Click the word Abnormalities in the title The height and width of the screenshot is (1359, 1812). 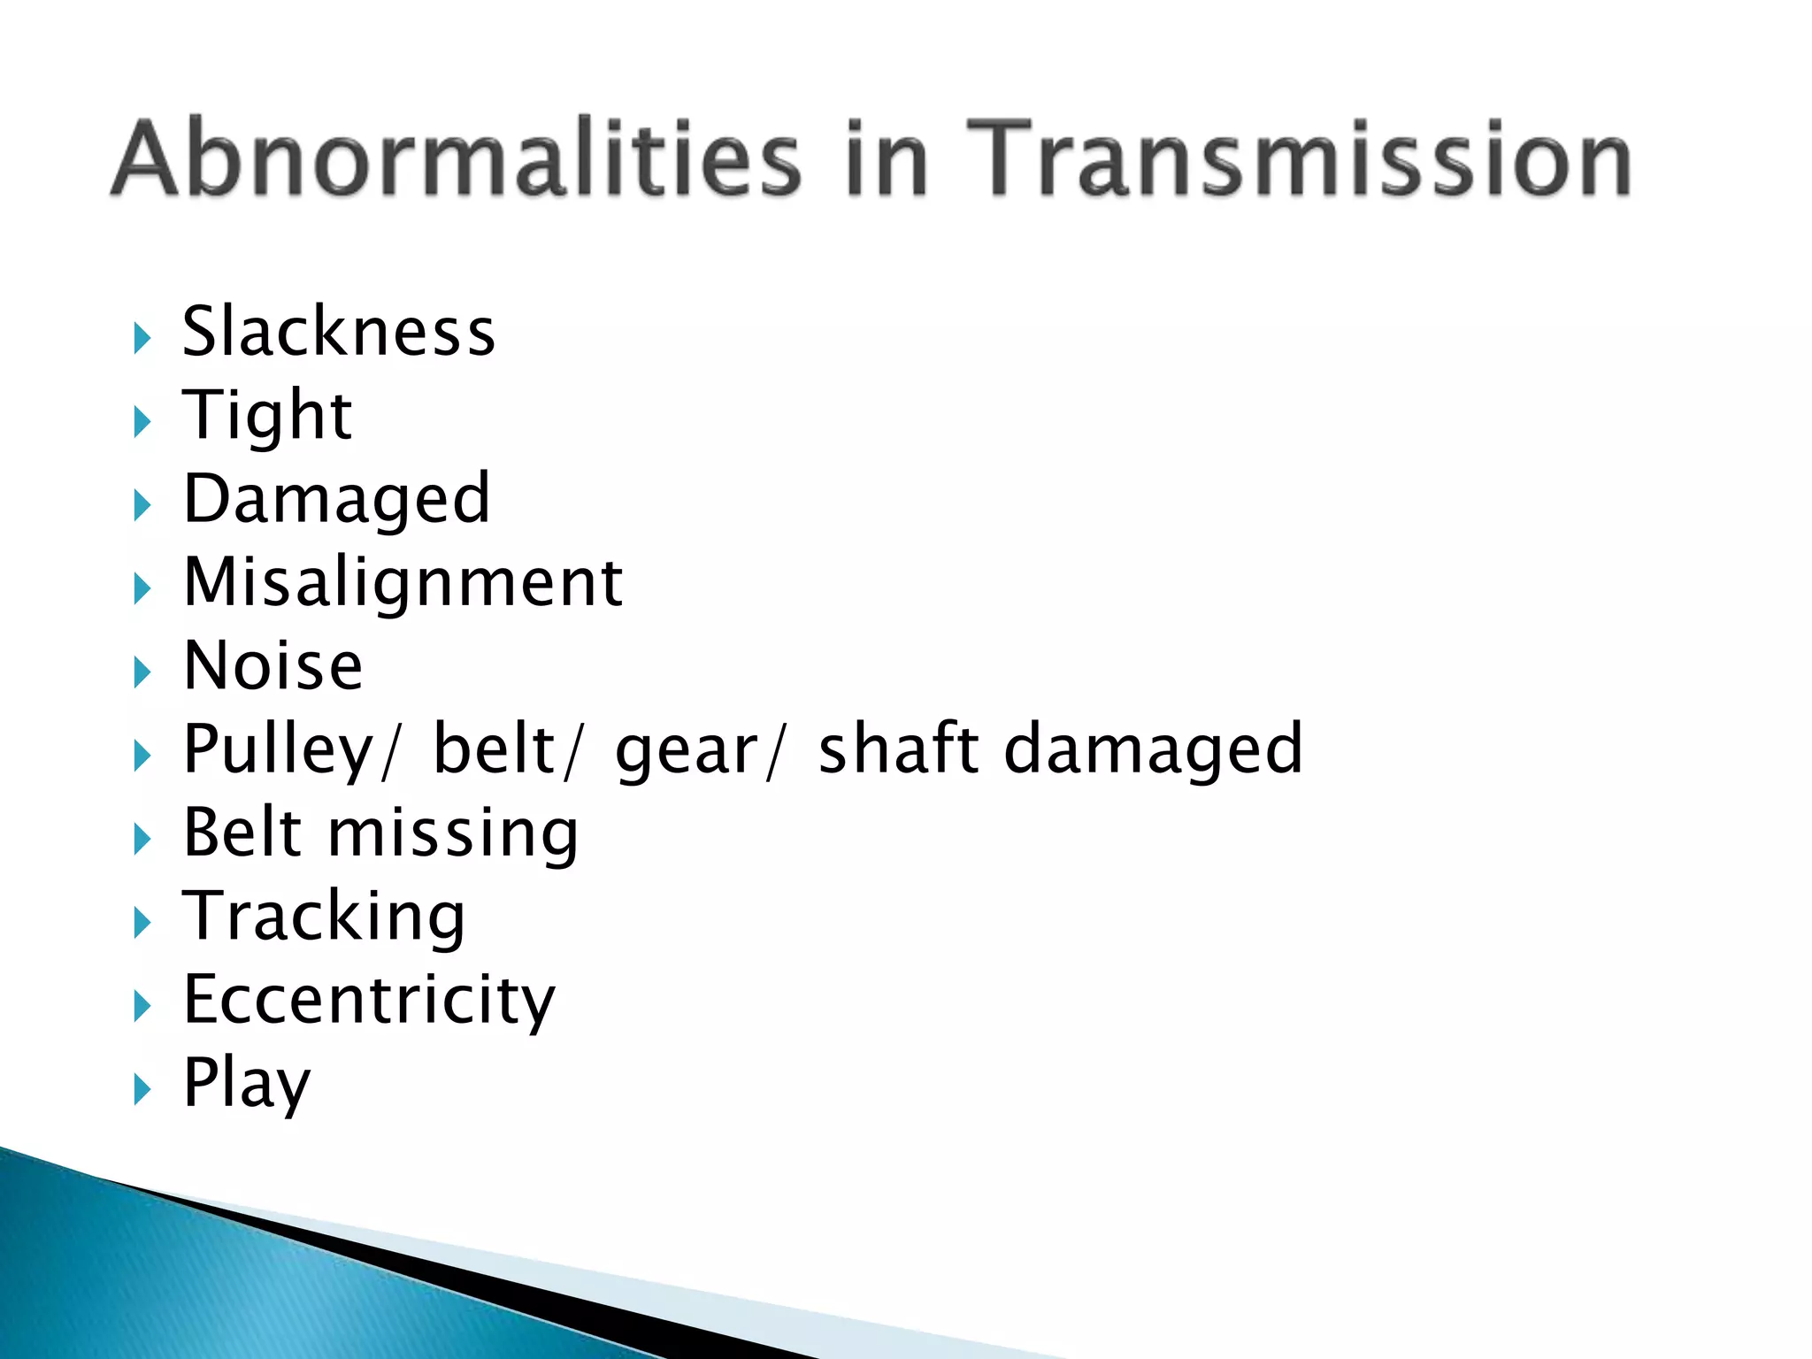[x=457, y=159]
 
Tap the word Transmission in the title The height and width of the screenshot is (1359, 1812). [x=1298, y=159]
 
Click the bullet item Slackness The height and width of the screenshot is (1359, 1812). [x=339, y=332]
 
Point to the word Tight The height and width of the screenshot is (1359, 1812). [x=267, y=415]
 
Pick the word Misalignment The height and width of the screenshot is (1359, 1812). [x=403, y=583]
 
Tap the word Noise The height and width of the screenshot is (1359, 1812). [x=273, y=666]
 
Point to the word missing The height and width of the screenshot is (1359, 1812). [x=453, y=834]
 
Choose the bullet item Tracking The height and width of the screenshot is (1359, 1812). [x=324, y=918]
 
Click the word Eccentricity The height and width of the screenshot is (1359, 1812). [x=369, y=1002]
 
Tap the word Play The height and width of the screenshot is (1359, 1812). [x=247, y=1085]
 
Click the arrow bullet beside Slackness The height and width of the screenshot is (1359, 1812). [x=142, y=338]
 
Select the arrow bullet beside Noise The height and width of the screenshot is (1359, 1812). [x=142, y=672]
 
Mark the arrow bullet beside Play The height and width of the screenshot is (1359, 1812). [x=142, y=1090]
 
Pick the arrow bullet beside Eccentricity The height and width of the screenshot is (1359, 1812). [x=142, y=1007]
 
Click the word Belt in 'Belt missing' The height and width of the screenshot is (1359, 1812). [x=243, y=833]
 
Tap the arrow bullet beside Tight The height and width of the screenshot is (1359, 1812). [x=142, y=422]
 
